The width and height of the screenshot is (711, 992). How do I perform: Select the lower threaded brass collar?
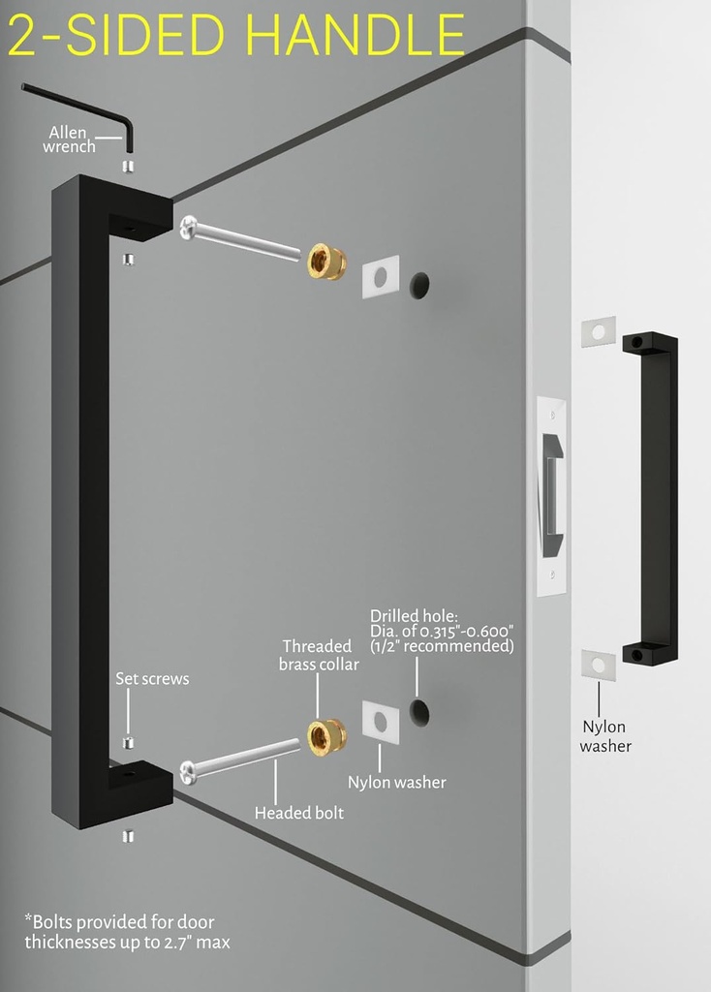[x=327, y=737]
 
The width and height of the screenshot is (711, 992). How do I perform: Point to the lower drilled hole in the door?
[x=419, y=712]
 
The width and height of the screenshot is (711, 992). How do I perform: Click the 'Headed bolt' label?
[x=299, y=813]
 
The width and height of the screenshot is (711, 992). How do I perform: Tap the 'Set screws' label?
[x=152, y=679]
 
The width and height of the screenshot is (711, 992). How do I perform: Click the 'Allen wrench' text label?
[x=69, y=139]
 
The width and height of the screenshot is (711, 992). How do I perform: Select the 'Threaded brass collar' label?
[x=319, y=656]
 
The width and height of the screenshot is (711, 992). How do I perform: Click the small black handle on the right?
[x=651, y=499]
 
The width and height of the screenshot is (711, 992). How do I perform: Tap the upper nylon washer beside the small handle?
[x=599, y=332]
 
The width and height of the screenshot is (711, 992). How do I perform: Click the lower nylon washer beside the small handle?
[x=599, y=665]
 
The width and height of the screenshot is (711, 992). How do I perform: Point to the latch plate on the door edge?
[x=551, y=497]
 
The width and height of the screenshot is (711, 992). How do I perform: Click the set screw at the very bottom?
[x=128, y=837]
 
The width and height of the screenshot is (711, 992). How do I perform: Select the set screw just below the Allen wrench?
[x=128, y=167]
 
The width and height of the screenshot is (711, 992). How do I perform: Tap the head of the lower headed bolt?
[x=188, y=772]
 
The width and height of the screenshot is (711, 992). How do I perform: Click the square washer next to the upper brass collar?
[x=381, y=276]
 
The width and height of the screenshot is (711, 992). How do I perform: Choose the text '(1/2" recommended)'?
[x=442, y=646]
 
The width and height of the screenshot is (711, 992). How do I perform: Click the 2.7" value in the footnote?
[x=179, y=943]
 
